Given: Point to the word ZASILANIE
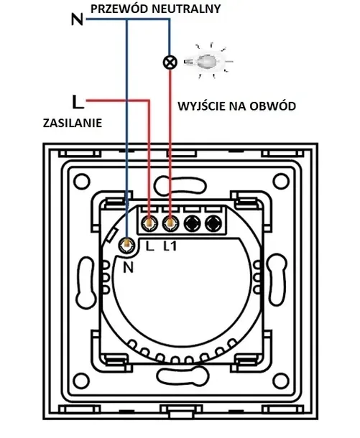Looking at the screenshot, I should point(71,123).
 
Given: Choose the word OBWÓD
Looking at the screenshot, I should point(275,106).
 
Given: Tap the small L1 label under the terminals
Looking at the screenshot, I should point(170,247).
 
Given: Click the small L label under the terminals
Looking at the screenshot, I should point(149,247).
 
